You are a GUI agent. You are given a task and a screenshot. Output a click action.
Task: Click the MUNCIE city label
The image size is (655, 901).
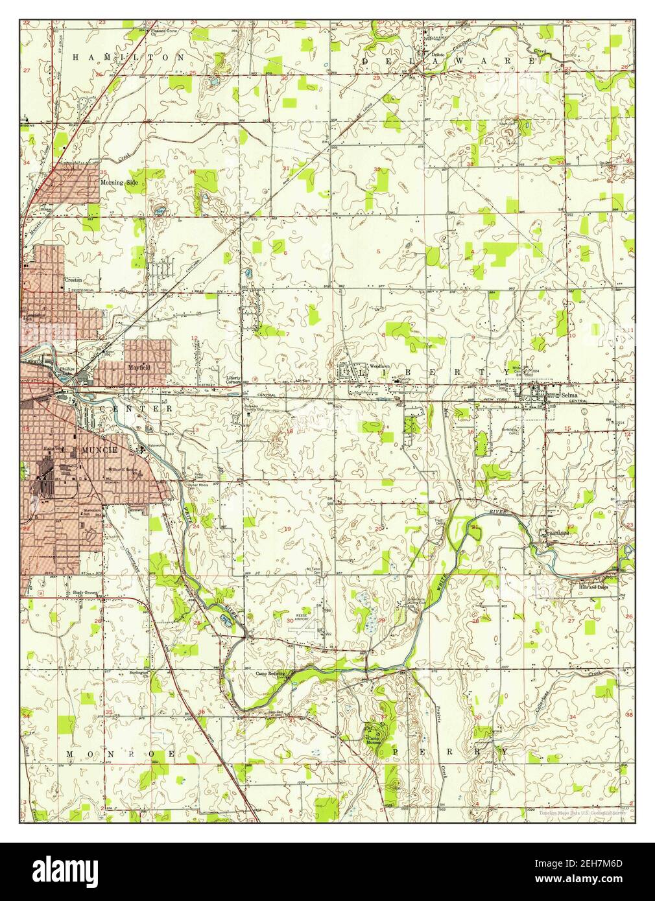(97, 449)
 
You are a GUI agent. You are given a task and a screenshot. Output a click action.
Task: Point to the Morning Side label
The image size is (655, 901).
(119, 183)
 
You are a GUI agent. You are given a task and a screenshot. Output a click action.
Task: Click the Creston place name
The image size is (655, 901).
(72, 280)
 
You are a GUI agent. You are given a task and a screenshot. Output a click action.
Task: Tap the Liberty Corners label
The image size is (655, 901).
(233, 379)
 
